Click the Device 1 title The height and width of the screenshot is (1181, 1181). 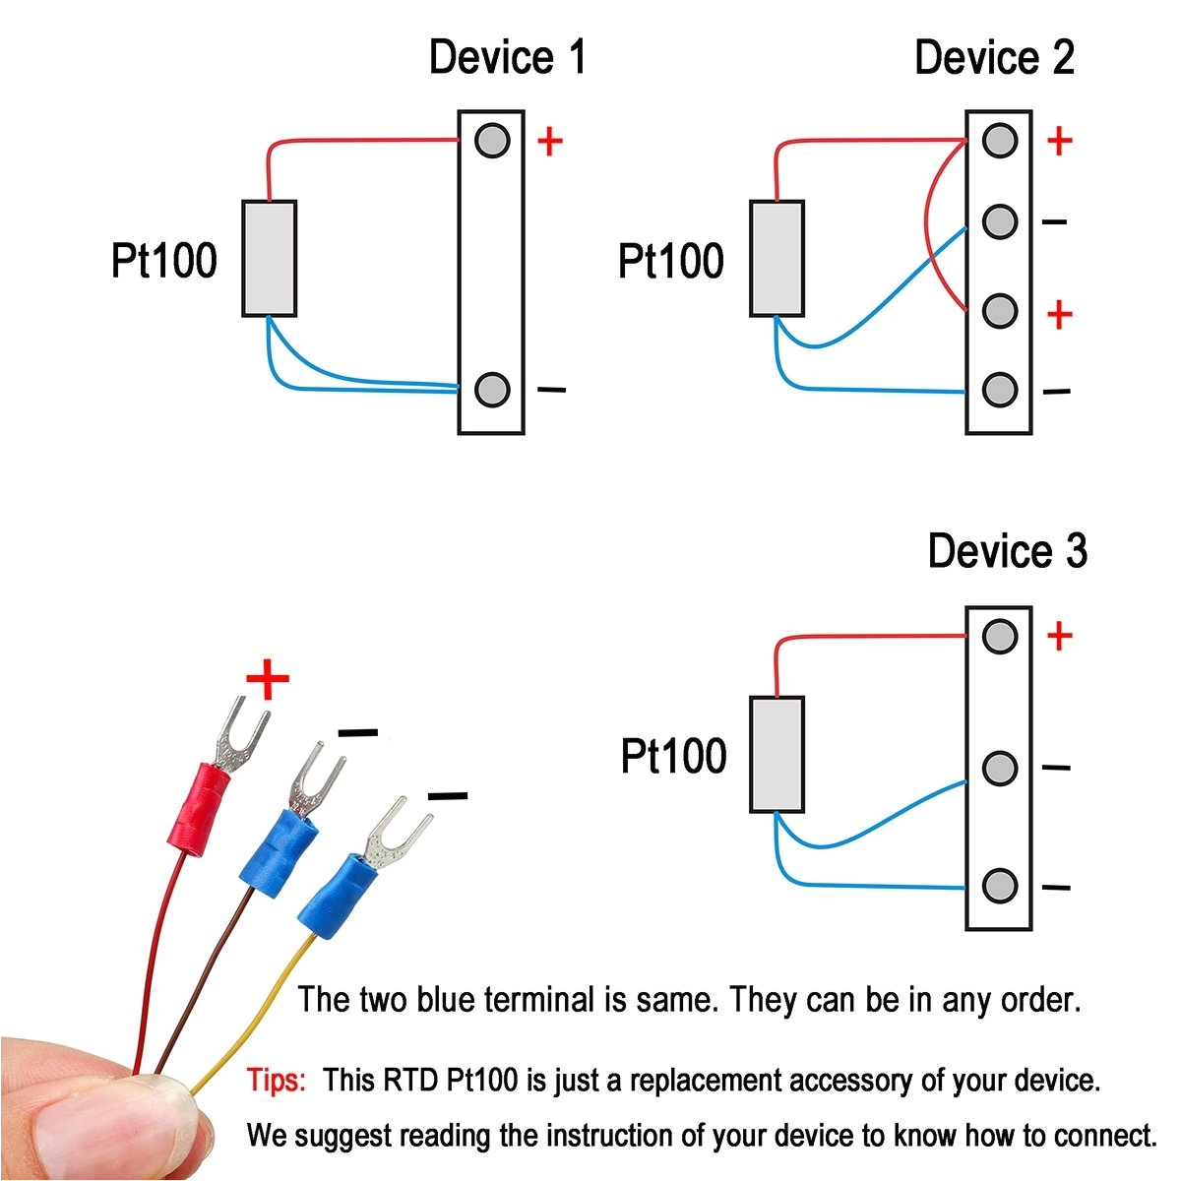507,57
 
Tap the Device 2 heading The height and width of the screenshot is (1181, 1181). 994,57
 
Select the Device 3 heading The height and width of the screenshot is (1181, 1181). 1007,551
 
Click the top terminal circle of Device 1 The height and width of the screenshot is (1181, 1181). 492,141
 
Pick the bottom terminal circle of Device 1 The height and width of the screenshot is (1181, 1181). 492,390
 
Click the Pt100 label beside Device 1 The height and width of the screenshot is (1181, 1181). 163,261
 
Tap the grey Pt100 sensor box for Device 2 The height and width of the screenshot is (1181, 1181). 777,259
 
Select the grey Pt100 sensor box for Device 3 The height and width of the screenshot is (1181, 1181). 777,754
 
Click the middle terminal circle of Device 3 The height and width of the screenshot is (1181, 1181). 1000,768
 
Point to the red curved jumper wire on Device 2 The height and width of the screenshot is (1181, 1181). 930,226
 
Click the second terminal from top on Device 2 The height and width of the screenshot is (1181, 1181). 1000,221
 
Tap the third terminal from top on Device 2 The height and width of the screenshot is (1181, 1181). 1000,311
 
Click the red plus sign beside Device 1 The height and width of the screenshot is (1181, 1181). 549,142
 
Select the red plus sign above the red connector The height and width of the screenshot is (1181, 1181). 267,680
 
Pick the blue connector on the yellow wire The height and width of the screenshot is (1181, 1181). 341,896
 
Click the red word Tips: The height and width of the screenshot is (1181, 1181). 277,1080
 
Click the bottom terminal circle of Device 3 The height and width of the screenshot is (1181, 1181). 1000,886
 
